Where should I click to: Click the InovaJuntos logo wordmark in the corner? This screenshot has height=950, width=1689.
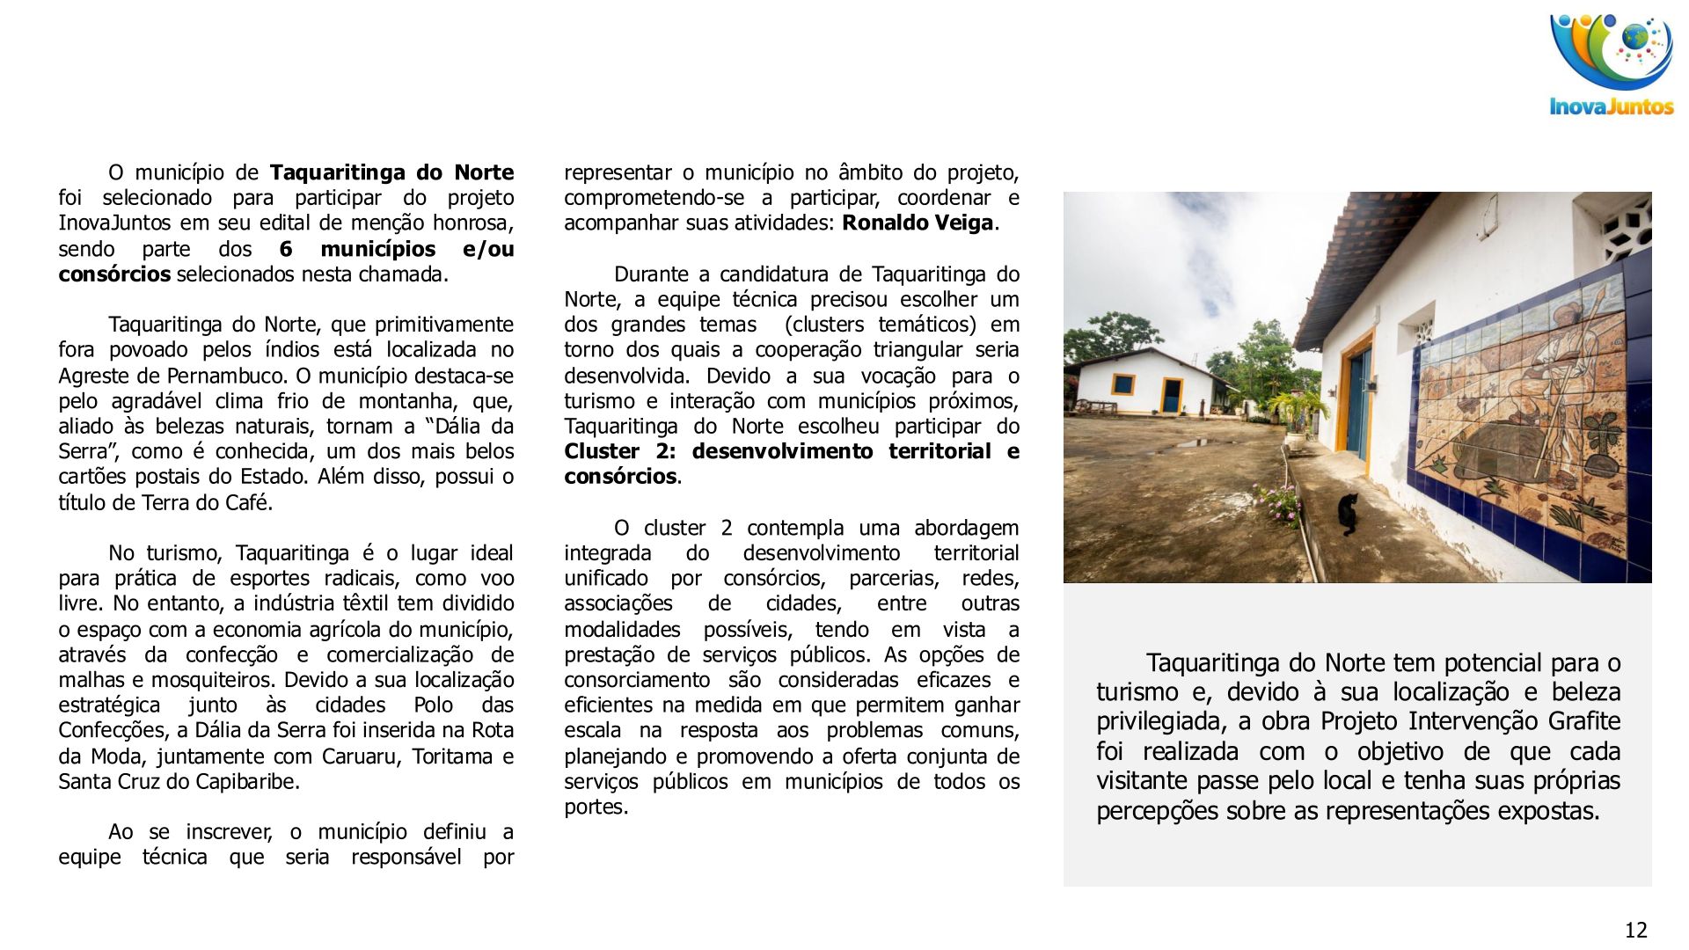1611,107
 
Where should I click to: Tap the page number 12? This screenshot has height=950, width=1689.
1635,930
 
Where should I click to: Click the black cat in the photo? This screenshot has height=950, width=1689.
1348,514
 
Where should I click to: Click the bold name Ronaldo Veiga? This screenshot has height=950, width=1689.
918,223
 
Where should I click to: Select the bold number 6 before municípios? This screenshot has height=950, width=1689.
286,249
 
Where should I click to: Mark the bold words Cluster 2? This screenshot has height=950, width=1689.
621,451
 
